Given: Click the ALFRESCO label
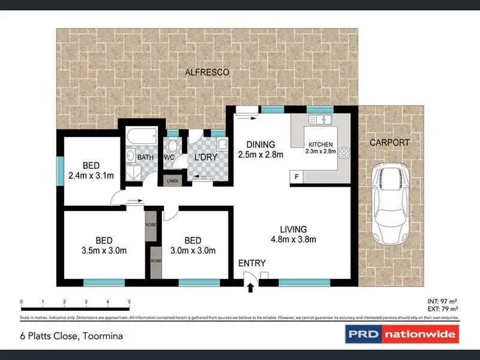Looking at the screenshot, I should coord(207,72).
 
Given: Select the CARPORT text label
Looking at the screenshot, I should coord(389,143).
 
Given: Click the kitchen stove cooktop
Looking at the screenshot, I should coord(344,153).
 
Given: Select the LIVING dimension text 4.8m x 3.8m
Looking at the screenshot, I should coord(293,240).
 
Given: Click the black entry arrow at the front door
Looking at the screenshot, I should coord(250,288).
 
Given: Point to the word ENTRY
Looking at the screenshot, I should coord(252,263).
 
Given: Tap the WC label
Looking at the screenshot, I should coord(170,157).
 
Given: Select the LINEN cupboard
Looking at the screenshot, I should coord(173,181).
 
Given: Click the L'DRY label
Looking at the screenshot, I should coord(203,157).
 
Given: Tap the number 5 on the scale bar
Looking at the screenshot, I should coord(129,301).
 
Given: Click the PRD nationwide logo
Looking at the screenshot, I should coord(401,334).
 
